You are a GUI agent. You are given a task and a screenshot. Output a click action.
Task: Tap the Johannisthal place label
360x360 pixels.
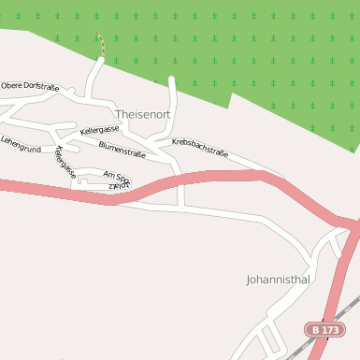[278, 279]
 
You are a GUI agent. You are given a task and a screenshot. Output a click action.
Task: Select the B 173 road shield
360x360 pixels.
[326, 329]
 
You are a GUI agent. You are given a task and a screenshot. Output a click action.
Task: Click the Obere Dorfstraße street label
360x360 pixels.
[30, 86]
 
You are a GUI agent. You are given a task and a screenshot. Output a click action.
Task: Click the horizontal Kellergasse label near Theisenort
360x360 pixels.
[100, 130]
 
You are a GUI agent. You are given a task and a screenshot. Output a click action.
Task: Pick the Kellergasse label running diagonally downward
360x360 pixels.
[65, 162]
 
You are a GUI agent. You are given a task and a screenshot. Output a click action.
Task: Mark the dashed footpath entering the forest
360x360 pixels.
[98, 44]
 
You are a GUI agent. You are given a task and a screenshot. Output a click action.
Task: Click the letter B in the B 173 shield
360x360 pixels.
[317, 329]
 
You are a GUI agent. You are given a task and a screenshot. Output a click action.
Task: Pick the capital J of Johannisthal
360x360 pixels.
[249, 279]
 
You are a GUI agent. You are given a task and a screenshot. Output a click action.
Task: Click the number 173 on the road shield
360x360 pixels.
[332, 329]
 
